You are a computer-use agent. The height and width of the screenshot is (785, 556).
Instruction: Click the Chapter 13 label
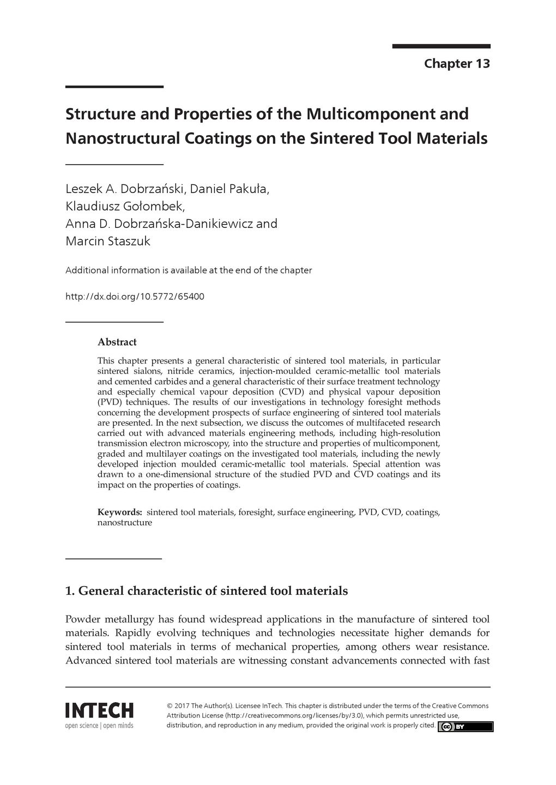point(457,64)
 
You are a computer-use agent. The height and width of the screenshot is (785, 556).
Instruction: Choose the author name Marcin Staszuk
point(107,240)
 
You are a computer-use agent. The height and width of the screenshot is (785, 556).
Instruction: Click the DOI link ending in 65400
point(135,297)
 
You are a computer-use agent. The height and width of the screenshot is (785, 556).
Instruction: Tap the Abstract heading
point(117,342)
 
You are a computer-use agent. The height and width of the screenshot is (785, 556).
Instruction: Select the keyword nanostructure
point(124,522)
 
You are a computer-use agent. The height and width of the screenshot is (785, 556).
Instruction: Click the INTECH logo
point(99,710)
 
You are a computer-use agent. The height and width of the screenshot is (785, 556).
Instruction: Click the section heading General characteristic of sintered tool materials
point(207,591)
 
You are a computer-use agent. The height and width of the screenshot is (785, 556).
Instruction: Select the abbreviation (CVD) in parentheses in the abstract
point(292,391)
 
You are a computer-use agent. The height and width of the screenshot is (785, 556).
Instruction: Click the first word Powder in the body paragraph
point(83,619)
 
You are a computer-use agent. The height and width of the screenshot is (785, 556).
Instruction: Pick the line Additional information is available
point(188,270)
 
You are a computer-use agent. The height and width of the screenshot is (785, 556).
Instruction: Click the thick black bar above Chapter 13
point(441,47)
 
